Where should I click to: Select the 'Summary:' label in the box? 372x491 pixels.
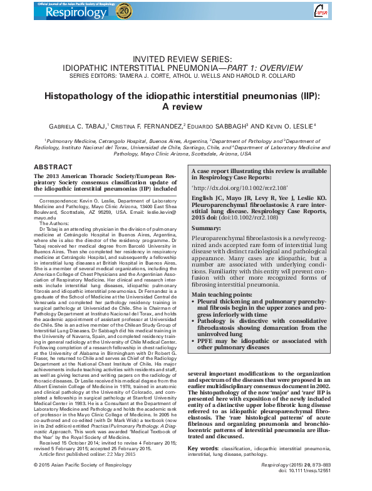pyautogui.click(x=207, y=228)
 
